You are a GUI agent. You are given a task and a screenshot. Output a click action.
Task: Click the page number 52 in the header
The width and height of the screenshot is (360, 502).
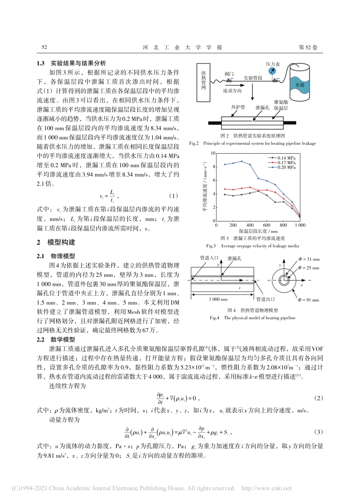tap(44, 47)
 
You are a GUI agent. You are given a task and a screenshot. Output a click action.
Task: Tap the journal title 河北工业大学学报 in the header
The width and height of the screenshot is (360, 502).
tap(182, 47)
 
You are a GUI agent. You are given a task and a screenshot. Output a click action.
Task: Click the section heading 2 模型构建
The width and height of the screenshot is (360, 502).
tap(56, 242)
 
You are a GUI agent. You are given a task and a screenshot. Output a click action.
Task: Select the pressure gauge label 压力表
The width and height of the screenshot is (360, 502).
tap(273, 64)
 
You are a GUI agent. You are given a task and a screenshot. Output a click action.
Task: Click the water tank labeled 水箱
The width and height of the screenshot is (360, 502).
tap(299, 85)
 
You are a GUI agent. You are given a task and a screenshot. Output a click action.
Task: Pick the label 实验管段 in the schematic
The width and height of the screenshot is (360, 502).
tap(253, 78)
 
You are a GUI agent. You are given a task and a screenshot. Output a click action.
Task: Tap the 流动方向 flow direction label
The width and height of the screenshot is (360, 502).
tap(232, 91)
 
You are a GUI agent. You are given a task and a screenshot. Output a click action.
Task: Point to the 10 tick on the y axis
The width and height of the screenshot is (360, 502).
tap(213, 153)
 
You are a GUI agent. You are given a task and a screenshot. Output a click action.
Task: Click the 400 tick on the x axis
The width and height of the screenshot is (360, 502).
tap(250, 225)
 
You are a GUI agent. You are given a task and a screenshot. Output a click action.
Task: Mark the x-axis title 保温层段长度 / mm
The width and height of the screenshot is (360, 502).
tap(258, 231)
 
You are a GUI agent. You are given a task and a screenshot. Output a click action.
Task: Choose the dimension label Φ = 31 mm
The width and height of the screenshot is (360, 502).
tap(308, 259)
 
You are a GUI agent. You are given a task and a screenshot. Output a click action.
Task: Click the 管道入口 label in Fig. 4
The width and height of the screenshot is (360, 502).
tap(209, 258)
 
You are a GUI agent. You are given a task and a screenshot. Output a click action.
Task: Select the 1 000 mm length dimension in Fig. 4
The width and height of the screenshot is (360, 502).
tap(218, 300)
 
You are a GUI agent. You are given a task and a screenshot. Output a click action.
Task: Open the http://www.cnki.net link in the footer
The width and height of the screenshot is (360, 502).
tap(266, 488)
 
